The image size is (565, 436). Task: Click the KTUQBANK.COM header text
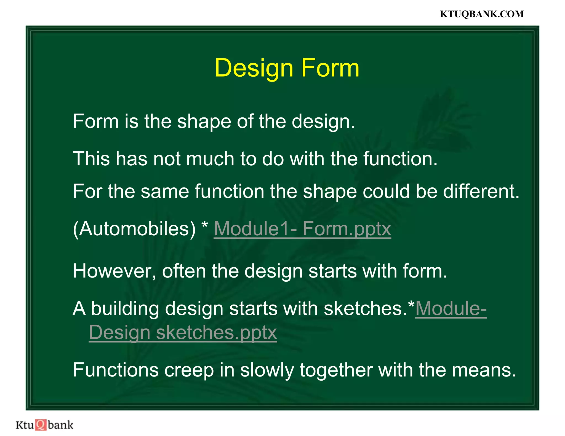pos(481,14)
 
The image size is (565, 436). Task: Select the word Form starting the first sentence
pos(95,121)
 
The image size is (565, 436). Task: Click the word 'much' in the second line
pos(210,159)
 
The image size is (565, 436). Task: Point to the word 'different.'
pos(481,191)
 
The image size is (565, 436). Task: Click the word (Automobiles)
pos(134,229)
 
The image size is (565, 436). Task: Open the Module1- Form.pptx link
pos(302,229)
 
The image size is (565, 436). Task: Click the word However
pos(114,271)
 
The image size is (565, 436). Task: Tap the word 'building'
pos(125,308)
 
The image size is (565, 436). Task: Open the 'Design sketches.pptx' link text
pos(183,332)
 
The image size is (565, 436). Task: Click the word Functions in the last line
pos(116,370)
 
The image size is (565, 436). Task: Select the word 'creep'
pos(189,370)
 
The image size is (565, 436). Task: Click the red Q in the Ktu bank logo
pos(41,425)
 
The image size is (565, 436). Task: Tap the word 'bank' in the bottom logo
pos(60,425)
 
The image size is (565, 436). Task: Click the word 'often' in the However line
pos(184,271)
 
